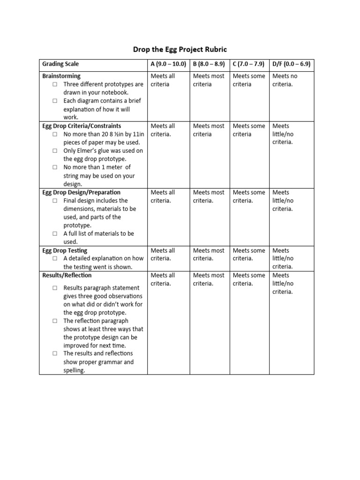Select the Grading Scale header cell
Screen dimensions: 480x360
pyautogui.click(x=60, y=64)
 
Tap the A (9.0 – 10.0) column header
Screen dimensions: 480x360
pyautogui.click(x=168, y=64)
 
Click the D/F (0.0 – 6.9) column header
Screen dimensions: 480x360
pyautogui.click(x=291, y=64)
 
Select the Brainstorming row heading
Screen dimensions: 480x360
pyautogui.click(x=61, y=76)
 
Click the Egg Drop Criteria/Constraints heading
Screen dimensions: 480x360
pyautogui.click(x=82, y=126)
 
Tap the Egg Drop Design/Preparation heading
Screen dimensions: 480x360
pyautogui.click(x=81, y=192)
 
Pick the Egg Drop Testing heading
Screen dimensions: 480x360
pyautogui.click(x=65, y=251)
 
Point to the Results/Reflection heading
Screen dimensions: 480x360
pyautogui.click(x=67, y=275)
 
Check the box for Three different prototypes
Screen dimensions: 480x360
pyautogui.click(x=55, y=84)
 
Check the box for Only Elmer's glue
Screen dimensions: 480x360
pyautogui.click(x=55, y=151)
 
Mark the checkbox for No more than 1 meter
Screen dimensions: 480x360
pyautogui.click(x=55, y=167)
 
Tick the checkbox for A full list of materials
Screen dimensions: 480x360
pyautogui.click(x=55, y=233)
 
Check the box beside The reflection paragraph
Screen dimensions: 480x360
pyautogui.click(x=55, y=321)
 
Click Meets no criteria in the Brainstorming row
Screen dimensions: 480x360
pyautogui.click(x=285, y=80)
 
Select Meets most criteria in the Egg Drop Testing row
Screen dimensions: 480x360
pyautogui.click(x=209, y=255)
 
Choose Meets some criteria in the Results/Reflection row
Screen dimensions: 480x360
pyautogui.click(x=248, y=279)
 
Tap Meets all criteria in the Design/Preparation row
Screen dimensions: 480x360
pyautogui.click(x=163, y=196)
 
